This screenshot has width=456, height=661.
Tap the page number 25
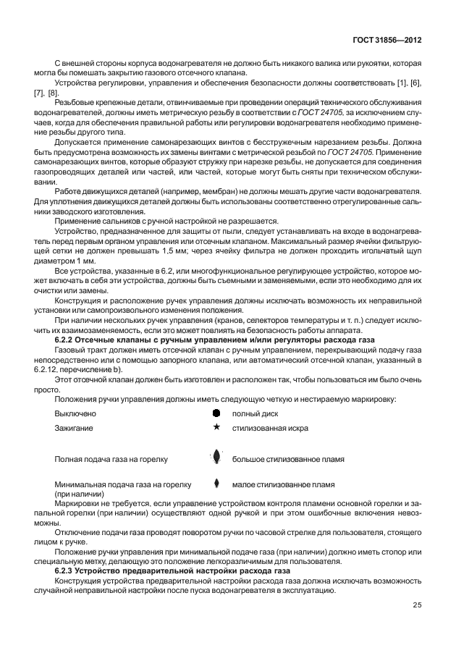point(417,605)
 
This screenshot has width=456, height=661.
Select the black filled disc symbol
point(216,413)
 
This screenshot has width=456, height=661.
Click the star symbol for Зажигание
point(216,428)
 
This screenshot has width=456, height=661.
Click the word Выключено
point(75,413)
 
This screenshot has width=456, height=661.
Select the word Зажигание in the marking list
point(75,428)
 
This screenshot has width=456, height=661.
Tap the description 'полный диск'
point(255,413)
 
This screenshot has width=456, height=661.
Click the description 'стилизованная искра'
point(270,428)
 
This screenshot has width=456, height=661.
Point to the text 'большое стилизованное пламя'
point(287,458)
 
